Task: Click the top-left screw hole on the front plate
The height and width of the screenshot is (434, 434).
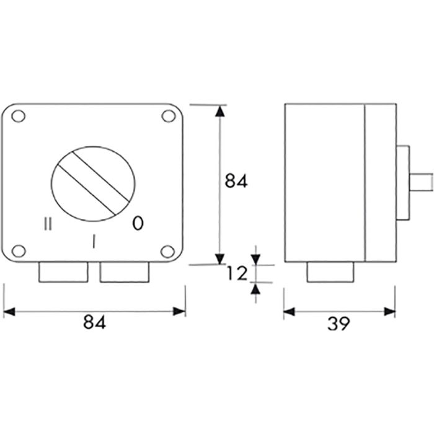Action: coord(19,116)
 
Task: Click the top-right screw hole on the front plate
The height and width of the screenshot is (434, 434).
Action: coord(168,116)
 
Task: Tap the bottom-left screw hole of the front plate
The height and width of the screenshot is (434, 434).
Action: coord(19,250)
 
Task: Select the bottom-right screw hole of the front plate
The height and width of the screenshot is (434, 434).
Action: coord(168,250)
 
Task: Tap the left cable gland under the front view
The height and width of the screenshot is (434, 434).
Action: coord(63,273)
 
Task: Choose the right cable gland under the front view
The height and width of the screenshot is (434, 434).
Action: coord(125,273)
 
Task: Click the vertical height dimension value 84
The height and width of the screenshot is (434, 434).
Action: coord(236,181)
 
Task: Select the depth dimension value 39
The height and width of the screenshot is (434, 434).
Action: coord(339,322)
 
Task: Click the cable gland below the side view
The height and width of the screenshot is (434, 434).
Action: coord(332,272)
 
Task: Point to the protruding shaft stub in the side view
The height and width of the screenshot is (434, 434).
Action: coord(421,184)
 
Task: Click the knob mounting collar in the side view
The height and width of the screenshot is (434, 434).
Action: coord(402,184)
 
